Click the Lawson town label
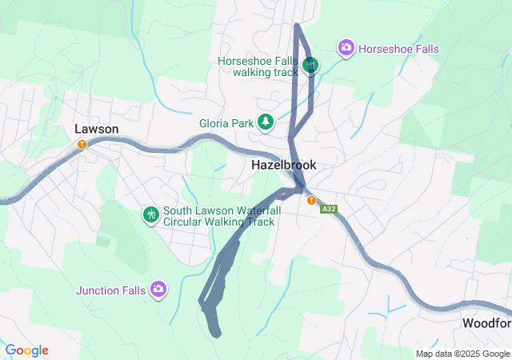[96, 129]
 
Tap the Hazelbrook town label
[283, 165]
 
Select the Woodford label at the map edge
[486, 323]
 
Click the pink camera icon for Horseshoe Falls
[346, 48]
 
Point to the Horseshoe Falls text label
[398, 49]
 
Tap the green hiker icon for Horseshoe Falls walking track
[311, 66]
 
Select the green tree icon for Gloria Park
[266, 122]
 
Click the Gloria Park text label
[226, 123]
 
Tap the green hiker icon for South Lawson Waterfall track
[150, 214]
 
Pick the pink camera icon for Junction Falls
[158, 289]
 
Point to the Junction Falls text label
[111, 290]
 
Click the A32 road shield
[328, 209]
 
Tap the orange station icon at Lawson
[82, 144]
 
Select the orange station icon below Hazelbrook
[311, 200]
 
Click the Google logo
[26, 350]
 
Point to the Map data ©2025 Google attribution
[462, 354]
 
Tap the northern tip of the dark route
[297, 26]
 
